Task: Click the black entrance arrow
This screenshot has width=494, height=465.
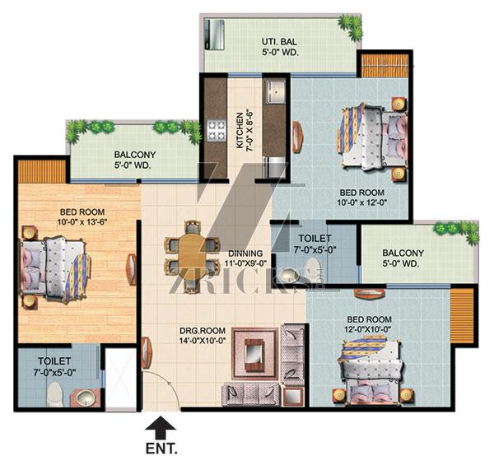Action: coord(161,427)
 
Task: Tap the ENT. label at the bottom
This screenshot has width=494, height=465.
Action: coord(161,449)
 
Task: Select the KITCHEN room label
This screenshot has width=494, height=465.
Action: coord(240,131)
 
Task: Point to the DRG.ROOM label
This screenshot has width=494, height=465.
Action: coord(203,331)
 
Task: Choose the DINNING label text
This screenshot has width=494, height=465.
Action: coord(245,253)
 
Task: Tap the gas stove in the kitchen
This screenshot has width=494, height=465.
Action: coord(217,131)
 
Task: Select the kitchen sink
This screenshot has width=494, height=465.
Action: coord(275,92)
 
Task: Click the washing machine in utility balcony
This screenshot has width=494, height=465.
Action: coord(214,35)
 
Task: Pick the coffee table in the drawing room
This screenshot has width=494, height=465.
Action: coord(254,353)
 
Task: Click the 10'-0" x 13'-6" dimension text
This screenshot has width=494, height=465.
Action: coord(82,222)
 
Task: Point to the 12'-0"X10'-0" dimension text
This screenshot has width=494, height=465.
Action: coord(368,329)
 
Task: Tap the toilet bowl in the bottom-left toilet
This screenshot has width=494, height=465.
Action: coord(56,394)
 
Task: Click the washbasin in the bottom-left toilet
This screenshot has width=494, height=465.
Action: coord(86,398)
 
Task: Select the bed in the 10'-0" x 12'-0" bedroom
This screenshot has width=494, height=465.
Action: coord(373,138)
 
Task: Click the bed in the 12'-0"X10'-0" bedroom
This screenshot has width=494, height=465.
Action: coord(370,371)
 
